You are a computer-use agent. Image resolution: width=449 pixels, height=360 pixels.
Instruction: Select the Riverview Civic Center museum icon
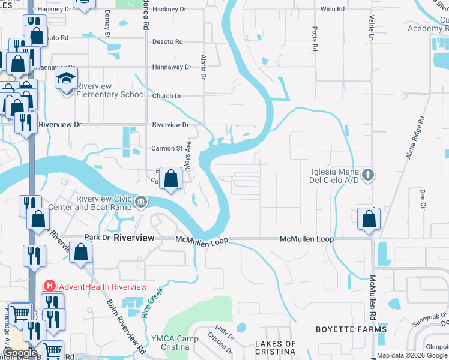[x=140, y=202]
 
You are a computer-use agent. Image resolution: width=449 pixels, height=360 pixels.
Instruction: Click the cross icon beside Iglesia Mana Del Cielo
[x=369, y=175]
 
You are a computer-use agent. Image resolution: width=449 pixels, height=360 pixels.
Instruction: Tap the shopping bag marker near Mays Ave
[x=171, y=178]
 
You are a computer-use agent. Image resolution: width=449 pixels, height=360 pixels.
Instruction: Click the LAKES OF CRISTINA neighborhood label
[x=276, y=347]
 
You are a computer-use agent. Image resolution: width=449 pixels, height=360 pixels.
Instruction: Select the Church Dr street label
[x=166, y=96]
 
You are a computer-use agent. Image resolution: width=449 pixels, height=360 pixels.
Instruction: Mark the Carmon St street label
[x=167, y=148]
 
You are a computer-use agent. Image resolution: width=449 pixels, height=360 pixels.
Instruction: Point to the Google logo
[x=19, y=353]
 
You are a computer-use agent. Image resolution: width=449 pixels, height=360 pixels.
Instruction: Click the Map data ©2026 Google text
[x=412, y=355]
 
